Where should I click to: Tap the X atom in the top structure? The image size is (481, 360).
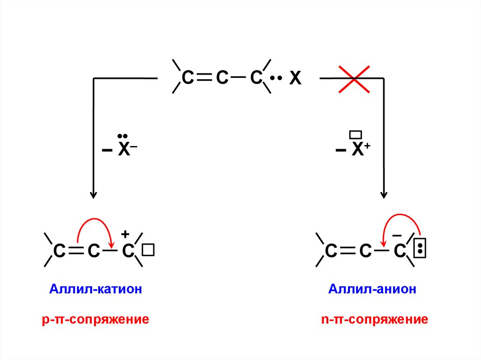tap(295, 79)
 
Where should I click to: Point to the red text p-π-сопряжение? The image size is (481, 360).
tap(95, 320)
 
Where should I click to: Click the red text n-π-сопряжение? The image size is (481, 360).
tap(374, 320)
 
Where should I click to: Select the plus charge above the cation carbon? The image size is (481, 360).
tap(125, 234)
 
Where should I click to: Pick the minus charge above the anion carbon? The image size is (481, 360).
tap(397, 234)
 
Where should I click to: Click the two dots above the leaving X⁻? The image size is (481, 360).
tap(123, 136)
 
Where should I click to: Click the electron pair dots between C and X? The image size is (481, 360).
tap(276, 78)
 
